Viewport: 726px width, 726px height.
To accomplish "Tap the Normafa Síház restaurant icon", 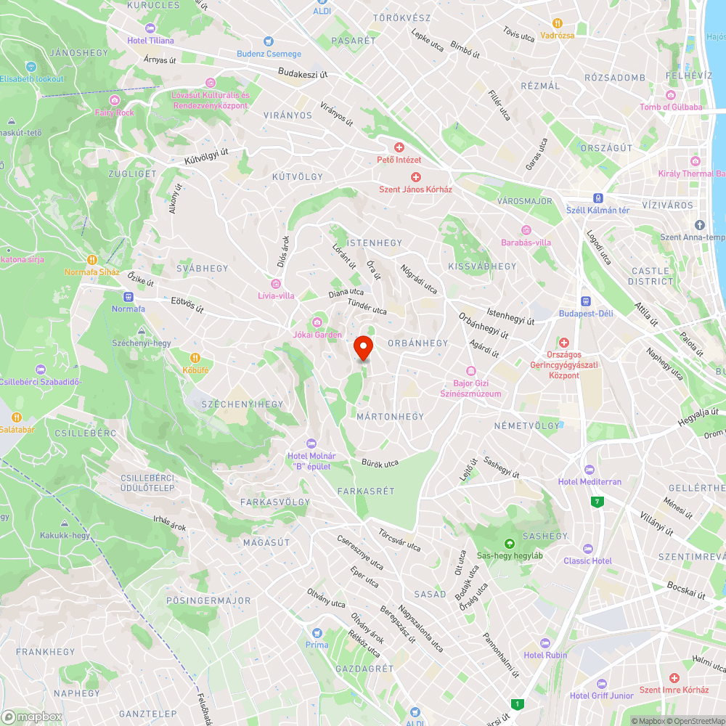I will (x=92, y=260).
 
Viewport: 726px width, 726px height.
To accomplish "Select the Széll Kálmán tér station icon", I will (x=597, y=197).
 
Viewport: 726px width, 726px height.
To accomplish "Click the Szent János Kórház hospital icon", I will (x=416, y=177).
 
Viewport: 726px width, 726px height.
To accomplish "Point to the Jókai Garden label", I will (x=317, y=335).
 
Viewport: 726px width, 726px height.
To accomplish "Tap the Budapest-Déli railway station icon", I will (x=586, y=301).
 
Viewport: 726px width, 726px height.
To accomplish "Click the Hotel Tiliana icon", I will (x=150, y=28).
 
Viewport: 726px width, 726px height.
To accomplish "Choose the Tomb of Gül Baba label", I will (x=671, y=107).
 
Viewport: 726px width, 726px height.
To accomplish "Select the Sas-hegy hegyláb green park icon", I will (x=510, y=543).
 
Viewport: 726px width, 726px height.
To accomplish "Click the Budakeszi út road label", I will (x=303, y=73).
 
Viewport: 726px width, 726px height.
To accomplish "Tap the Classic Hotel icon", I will (x=587, y=549).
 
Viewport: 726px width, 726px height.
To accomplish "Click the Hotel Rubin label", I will (x=545, y=655).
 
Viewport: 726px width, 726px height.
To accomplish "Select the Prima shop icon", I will (x=317, y=633).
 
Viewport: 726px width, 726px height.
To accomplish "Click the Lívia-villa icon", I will (x=276, y=283).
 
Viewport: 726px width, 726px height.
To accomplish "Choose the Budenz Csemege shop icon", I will (x=269, y=41).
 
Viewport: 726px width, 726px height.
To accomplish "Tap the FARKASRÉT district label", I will (x=366, y=492).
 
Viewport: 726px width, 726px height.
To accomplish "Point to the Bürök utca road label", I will (x=380, y=462).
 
